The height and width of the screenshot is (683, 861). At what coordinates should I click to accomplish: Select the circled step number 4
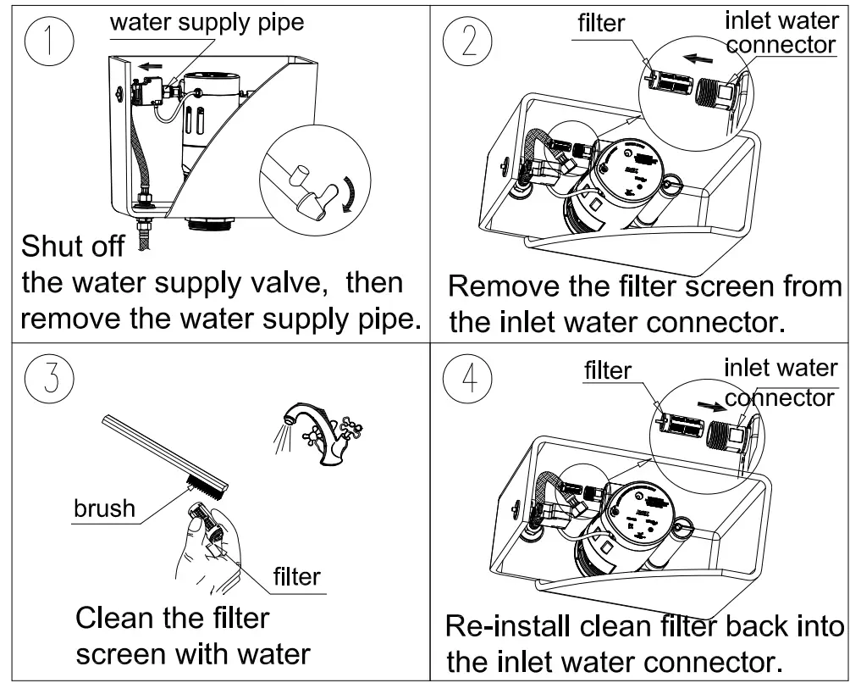pos(470,379)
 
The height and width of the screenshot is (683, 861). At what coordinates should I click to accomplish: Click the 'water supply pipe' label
pos(207,22)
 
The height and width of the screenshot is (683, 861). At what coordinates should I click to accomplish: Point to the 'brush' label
pos(104,508)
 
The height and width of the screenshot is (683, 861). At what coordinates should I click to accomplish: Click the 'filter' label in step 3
pos(296,577)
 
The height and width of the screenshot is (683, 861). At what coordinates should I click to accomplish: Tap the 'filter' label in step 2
pos(601,24)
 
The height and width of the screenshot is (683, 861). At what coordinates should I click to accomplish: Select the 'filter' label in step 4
pos(608,370)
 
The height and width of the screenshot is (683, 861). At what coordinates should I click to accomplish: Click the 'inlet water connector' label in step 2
pos(781,32)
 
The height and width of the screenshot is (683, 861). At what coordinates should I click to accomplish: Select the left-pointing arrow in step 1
pos(152,65)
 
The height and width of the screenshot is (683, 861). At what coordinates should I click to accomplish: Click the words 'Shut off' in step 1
pos(73,247)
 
